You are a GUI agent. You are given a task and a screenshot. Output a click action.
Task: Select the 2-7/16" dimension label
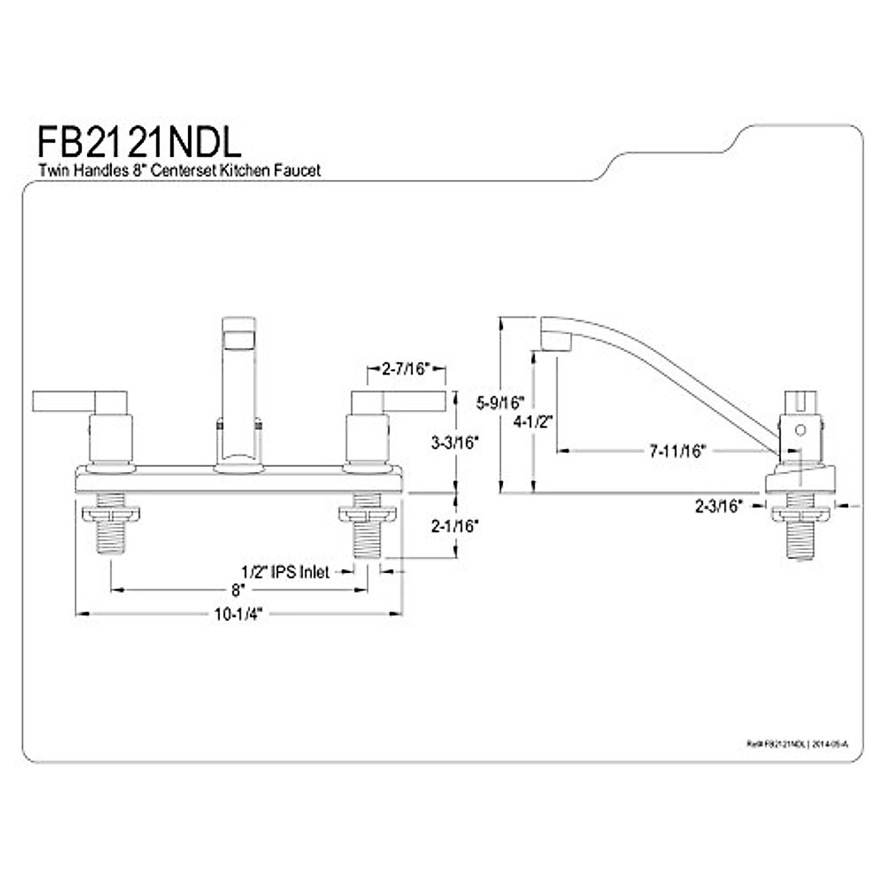tap(406, 369)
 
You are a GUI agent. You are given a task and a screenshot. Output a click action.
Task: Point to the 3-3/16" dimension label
tap(455, 442)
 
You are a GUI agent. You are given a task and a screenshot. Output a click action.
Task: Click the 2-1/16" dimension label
tap(455, 526)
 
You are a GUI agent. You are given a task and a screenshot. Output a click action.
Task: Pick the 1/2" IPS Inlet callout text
tap(285, 572)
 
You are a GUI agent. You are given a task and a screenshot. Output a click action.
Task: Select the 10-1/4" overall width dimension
tap(238, 614)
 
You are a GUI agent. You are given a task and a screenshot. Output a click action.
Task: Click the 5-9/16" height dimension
tap(499, 403)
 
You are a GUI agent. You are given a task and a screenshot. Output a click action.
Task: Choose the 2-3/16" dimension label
tap(718, 506)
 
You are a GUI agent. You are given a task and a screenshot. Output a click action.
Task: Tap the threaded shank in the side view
tap(801, 538)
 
